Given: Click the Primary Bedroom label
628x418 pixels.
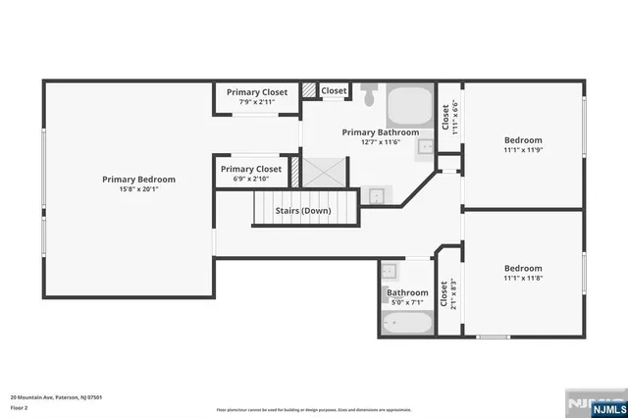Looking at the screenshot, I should [x=138, y=180].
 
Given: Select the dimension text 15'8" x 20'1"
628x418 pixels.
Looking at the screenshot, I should [x=138, y=189].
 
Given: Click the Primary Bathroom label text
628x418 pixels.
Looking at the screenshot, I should [x=380, y=132].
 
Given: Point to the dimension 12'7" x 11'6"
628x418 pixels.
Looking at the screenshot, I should [x=380, y=142].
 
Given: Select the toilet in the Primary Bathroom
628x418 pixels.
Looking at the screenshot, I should [x=369, y=96].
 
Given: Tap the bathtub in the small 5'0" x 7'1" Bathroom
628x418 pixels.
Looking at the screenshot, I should [x=405, y=322].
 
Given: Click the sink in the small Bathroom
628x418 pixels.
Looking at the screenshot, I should [x=389, y=271].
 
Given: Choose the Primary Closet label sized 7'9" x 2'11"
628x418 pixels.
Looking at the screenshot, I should [x=257, y=92].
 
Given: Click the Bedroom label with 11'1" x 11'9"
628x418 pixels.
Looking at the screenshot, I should [x=523, y=139].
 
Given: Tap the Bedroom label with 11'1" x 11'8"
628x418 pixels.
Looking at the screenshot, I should [x=523, y=268].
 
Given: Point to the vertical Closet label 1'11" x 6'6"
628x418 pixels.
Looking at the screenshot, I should [x=448, y=118].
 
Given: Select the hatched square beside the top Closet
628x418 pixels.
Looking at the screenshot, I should [x=309, y=91].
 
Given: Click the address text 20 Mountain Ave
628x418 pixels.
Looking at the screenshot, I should [x=57, y=397].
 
